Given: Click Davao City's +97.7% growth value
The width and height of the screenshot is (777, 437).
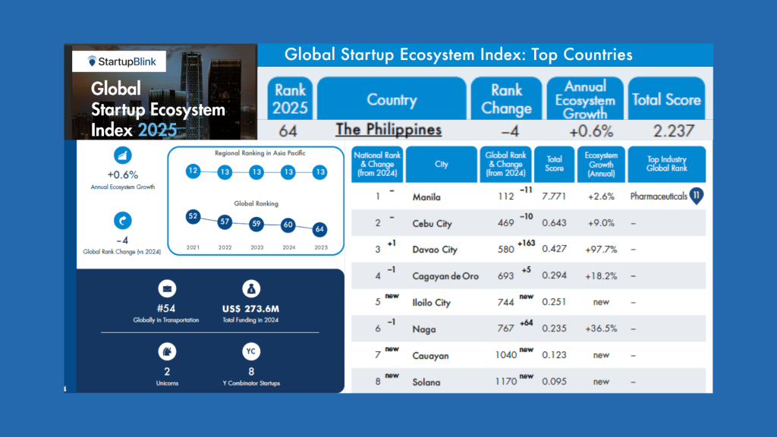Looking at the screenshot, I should tap(600, 250).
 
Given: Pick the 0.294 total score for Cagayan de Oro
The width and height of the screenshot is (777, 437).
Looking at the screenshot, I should tap(554, 276).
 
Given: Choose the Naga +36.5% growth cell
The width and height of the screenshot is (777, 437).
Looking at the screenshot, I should tap(600, 329).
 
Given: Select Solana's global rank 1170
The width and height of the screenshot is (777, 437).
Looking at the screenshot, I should tap(502, 382).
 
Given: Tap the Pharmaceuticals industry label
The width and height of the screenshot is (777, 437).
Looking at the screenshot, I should tap(659, 196).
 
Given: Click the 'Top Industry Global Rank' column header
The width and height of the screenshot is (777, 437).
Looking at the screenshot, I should tap(667, 164).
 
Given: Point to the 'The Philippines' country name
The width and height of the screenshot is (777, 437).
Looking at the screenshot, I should tap(388, 130).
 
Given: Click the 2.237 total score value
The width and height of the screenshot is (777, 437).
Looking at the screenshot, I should tap(666, 130).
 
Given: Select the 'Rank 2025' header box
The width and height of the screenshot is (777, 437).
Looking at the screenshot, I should tap(290, 99).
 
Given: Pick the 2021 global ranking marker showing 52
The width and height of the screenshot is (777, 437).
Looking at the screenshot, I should tap(193, 217).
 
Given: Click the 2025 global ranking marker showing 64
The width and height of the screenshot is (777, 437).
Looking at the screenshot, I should tap(320, 229).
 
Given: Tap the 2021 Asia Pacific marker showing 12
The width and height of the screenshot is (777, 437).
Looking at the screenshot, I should tap(193, 171).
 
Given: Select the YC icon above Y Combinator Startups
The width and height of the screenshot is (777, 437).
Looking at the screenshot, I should tap(251, 351).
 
